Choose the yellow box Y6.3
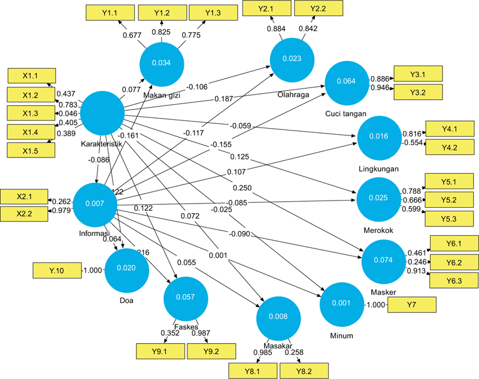454,281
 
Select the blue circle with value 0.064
347,81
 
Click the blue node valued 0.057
186,297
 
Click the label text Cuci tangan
347,114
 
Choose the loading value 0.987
202,333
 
